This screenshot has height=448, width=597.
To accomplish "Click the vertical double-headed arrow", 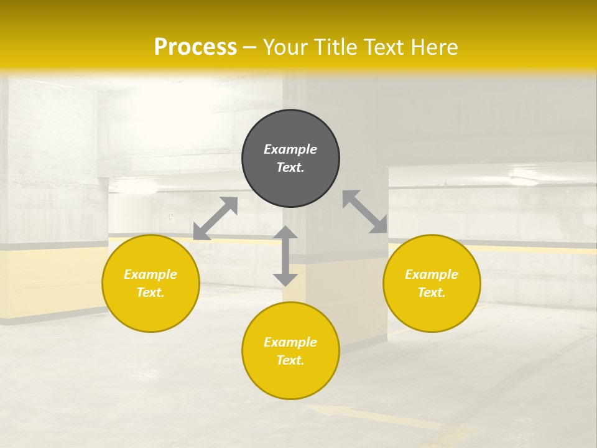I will (x=285, y=256).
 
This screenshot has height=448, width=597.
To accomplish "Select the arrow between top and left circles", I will (x=215, y=218).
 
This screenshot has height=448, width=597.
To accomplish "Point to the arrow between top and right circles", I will (x=365, y=212).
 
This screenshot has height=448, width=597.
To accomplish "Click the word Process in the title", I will (x=195, y=47).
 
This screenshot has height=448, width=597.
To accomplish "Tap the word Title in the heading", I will (x=335, y=47).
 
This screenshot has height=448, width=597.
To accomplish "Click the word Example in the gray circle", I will (x=290, y=149).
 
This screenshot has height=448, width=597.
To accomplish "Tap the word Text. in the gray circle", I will (x=290, y=167).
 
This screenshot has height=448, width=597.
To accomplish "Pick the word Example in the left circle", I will (x=150, y=274).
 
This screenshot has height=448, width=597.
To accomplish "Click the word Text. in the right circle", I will (x=432, y=292).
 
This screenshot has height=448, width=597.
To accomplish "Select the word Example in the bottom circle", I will (x=290, y=342).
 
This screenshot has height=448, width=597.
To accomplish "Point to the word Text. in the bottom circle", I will (x=290, y=360).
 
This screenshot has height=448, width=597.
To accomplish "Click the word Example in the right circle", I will (x=432, y=274).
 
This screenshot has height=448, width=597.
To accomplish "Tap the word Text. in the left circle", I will (x=150, y=292).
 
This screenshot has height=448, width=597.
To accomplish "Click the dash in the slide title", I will (x=249, y=48).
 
